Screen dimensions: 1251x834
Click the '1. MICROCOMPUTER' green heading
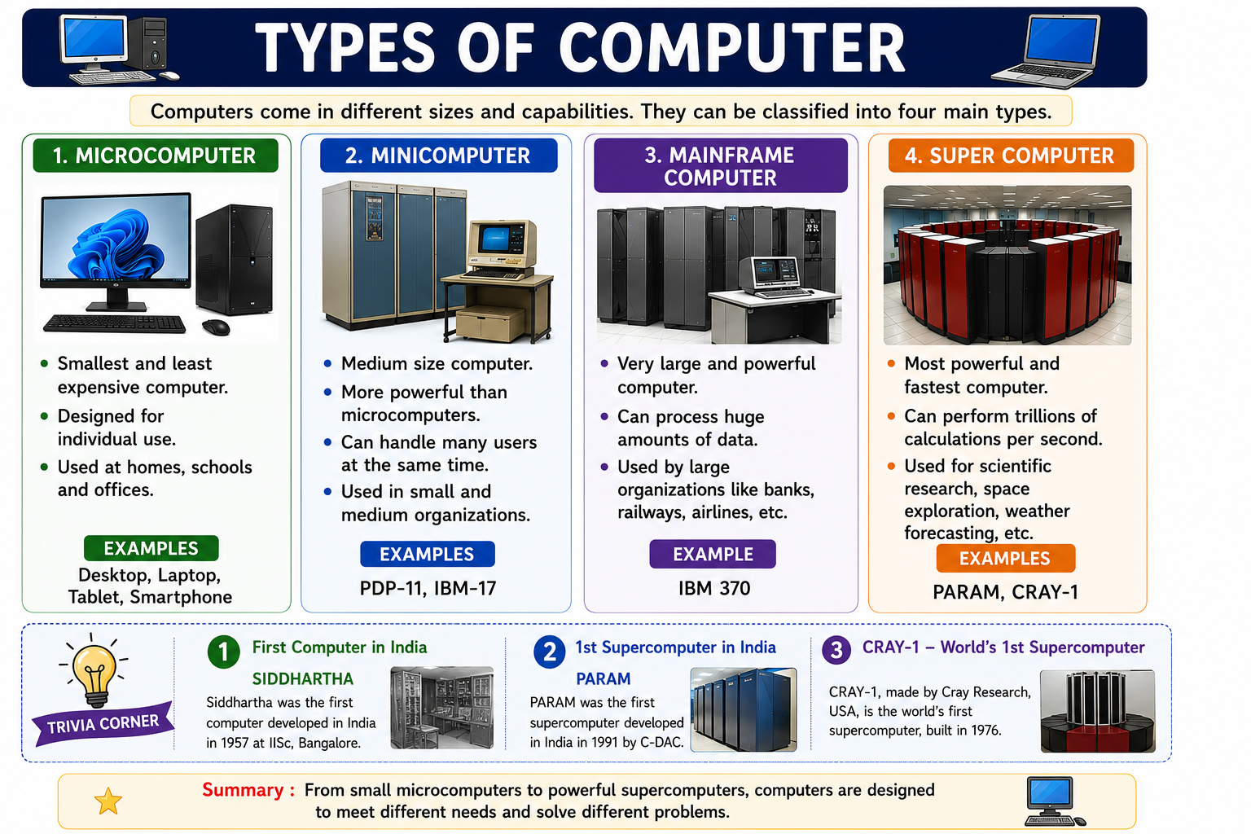(156, 156)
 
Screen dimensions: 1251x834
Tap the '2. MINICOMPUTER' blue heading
(438, 156)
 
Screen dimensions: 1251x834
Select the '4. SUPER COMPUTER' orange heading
(1011, 156)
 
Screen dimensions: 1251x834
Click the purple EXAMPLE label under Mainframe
(713, 554)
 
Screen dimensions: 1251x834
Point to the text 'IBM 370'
(714, 588)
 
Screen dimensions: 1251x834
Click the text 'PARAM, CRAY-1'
(1005, 592)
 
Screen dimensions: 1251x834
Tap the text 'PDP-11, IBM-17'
(428, 588)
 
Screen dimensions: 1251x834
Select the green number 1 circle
(223, 652)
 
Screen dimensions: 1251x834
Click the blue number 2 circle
(550, 652)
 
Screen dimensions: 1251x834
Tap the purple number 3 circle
(836, 650)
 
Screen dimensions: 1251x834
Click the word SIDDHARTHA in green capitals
(303, 678)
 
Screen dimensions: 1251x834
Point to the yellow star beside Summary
(108, 801)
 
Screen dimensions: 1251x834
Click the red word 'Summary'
(243, 790)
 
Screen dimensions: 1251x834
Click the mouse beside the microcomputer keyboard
(216, 327)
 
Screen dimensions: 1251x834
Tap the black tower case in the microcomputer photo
(235, 260)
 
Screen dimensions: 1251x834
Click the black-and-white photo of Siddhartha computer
(441, 707)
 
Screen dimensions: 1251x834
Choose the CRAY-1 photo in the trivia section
(1097, 711)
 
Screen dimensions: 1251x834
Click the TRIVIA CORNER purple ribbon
(103, 724)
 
